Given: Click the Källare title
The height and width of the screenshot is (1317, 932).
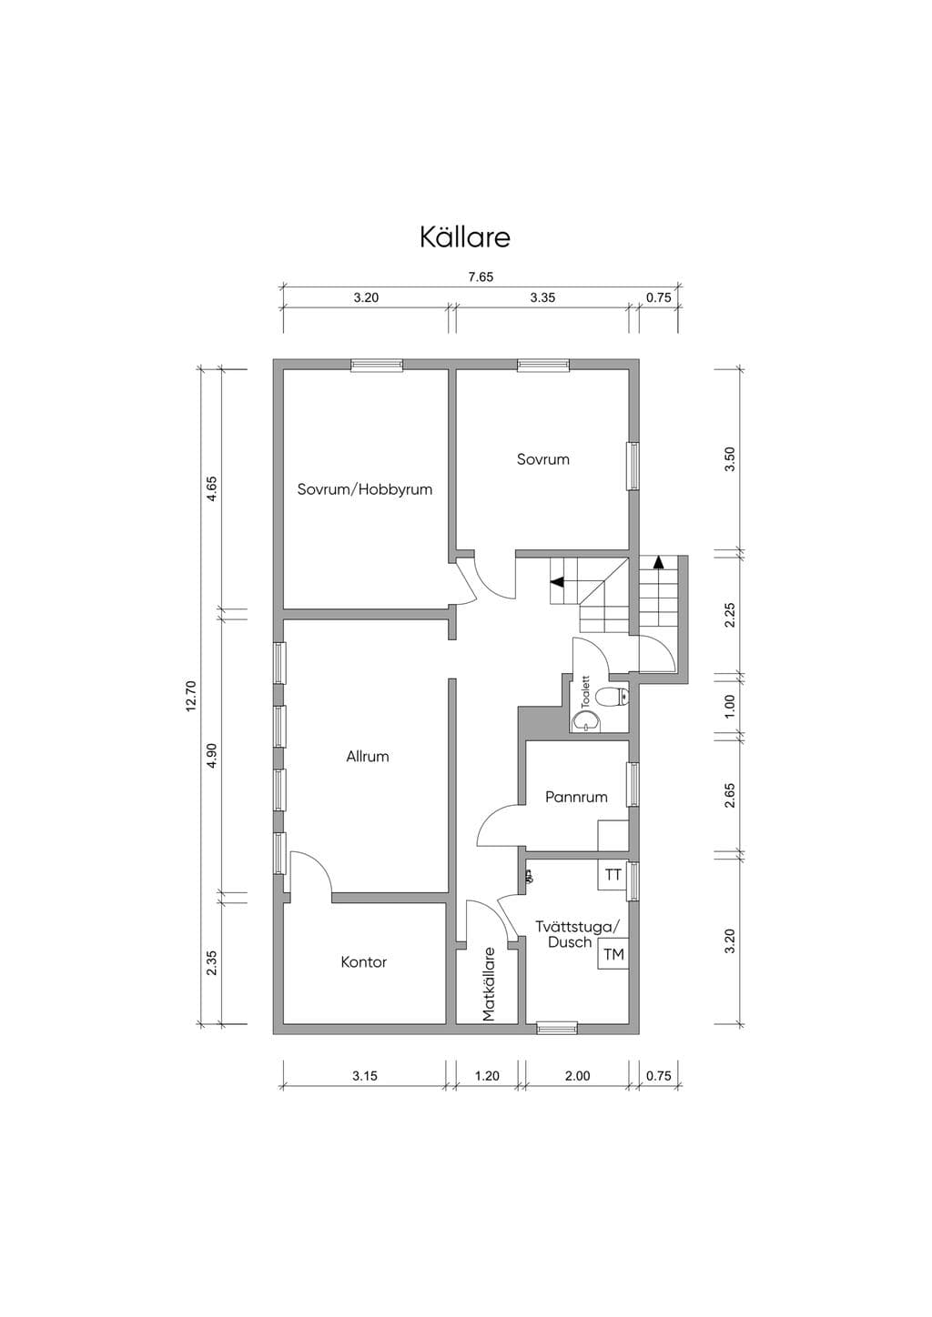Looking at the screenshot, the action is coord(465,237).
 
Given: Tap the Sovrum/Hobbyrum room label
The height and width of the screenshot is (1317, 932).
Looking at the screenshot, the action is coord(365,489).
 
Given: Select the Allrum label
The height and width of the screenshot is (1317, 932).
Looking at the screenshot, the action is coord(368,756).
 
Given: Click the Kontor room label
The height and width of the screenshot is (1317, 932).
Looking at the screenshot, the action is coord(364,962).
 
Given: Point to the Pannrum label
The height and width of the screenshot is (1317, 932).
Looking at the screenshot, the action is coord(576,798).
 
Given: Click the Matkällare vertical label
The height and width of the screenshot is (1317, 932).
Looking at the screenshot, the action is coord(489,983).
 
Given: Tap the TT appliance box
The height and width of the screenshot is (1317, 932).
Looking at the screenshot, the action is coord(613,875).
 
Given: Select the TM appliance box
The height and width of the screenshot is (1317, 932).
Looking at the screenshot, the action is coord(613,954).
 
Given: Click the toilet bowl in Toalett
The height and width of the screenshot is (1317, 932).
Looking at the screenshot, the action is coord(612,698).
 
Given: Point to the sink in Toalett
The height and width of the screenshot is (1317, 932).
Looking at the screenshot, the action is coord(587,721).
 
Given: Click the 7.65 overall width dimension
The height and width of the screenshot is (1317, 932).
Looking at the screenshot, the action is coord(481,276).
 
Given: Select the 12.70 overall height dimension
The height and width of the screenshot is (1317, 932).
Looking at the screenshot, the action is coord(190,696).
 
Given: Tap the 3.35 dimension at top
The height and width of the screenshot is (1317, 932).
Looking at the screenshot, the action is coord(542,297).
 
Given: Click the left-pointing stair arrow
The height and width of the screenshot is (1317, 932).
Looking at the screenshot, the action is coord(557,582).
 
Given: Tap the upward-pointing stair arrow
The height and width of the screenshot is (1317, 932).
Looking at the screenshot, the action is coord(659,561).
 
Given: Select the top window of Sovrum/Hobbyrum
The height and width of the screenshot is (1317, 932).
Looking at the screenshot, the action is coord(377,365).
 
